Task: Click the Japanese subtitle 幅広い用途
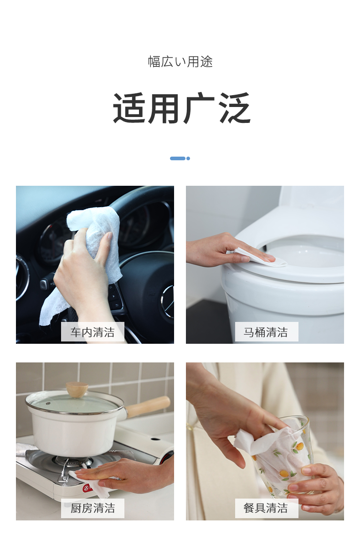[x=180, y=61]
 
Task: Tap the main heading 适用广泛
[x=181, y=108]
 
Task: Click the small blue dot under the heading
[x=188, y=158]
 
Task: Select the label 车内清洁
[x=93, y=332]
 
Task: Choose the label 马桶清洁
[x=266, y=332]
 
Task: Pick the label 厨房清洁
[x=93, y=508]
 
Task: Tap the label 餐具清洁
[x=266, y=508]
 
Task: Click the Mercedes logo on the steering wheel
[x=168, y=301]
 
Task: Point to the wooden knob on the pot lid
[x=77, y=389]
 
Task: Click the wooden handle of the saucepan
[x=148, y=406]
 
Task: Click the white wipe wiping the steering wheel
[x=86, y=255]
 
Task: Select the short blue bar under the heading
[x=178, y=158]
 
